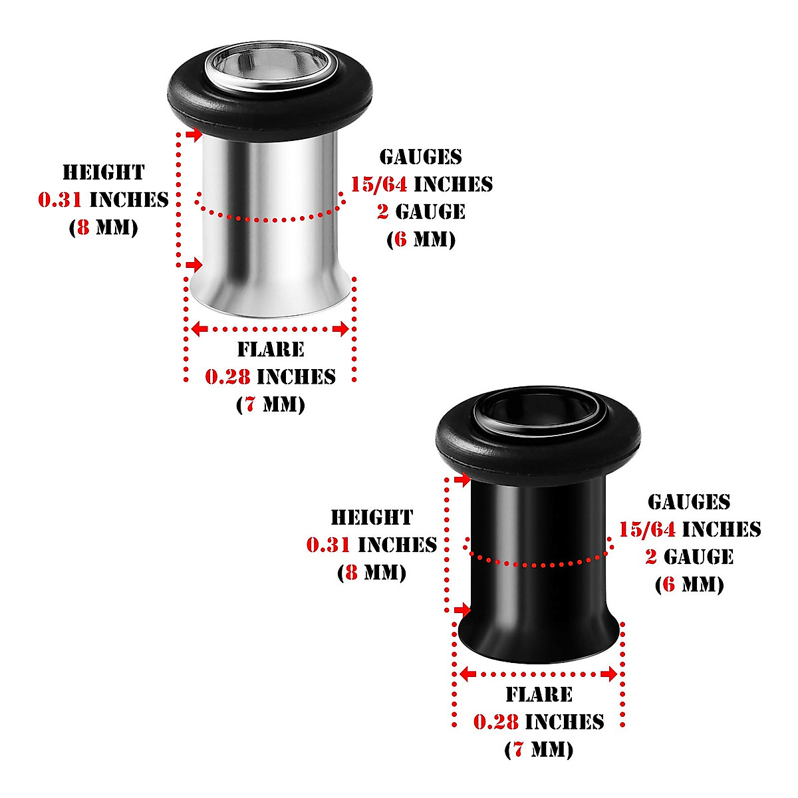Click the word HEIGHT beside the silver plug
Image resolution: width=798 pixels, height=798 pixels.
click(103, 173)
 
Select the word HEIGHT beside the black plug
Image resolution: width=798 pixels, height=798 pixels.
click(372, 518)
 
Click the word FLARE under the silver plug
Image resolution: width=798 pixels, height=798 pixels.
click(271, 350)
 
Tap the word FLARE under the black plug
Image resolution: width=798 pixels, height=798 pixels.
click(539, 695)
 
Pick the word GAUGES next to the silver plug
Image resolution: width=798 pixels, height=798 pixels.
click(420, 157)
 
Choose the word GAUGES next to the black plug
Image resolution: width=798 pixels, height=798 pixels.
click(689, 502)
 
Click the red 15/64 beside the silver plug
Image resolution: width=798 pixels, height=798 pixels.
click(379, 184)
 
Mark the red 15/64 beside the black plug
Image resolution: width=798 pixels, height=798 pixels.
click(648, 529)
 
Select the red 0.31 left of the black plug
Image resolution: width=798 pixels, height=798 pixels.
click(329, 545)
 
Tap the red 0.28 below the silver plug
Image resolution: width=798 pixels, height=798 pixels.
click(227, 377)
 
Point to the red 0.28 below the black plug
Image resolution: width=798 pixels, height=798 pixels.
click(496, 722)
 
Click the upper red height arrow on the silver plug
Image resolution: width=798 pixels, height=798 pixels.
click(194, 136)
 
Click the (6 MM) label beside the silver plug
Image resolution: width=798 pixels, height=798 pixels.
click(421, 239)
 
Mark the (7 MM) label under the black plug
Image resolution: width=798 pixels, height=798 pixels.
click(539, 750)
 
